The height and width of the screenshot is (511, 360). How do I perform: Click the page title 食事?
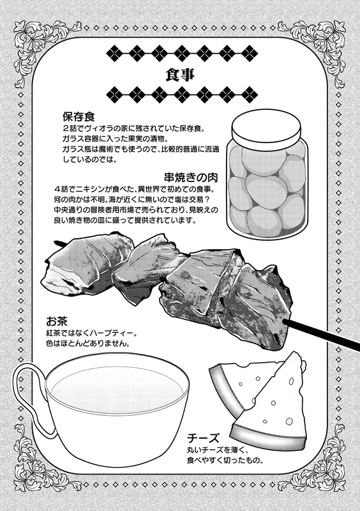pos(180,75)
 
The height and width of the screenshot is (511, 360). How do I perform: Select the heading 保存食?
pos(79,116)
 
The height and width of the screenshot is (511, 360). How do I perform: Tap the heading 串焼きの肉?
pos(191,178)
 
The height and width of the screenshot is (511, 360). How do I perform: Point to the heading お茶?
pos(57,322)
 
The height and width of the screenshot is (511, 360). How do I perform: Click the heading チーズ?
pos(204,438)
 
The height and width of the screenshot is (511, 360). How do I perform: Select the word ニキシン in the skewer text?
pos(91,190)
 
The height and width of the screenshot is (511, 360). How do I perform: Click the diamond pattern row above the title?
pos(182,52)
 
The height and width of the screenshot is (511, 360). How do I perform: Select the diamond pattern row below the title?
pos(182,95)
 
